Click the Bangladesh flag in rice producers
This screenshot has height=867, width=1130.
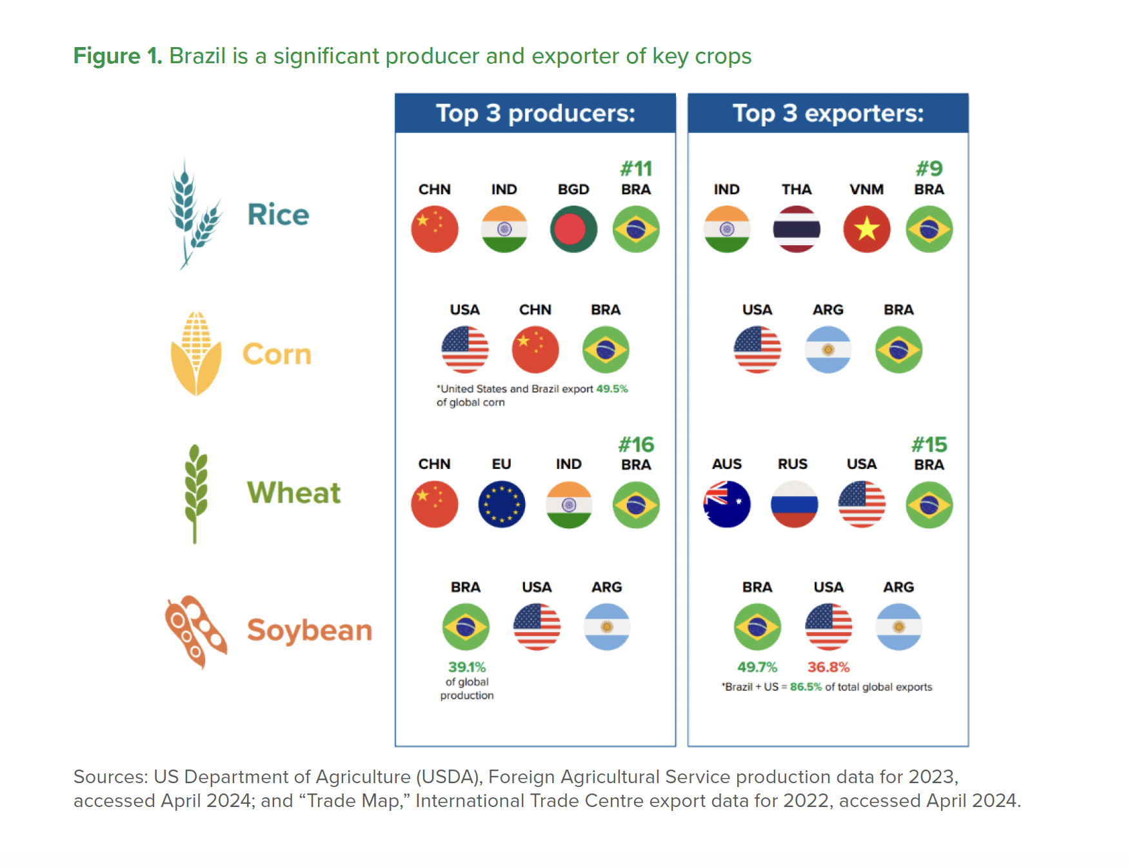[573, 229]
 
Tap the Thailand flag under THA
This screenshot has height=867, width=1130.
[797, 229]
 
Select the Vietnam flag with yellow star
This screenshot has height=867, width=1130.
[867, 229]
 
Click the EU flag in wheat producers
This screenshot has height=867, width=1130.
[502, 504]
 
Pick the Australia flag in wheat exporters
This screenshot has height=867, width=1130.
[727, 504]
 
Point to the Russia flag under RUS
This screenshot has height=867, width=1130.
[794, 504]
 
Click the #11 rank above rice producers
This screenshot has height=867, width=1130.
[636, 169]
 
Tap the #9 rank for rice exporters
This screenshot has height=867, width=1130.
[929, 169]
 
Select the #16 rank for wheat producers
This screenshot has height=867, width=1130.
[636, 444]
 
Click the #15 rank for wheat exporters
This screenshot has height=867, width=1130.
[929, 444]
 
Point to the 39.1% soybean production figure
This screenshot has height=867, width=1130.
[467, 667]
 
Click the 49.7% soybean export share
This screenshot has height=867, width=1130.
[757, 667]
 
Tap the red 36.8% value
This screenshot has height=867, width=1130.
[828, 667]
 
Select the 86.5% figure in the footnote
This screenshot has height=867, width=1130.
[806, 687]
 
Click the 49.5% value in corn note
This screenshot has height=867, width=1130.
[611, 389]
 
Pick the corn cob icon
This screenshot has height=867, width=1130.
[196, 354]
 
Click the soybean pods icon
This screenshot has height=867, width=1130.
[195, 630]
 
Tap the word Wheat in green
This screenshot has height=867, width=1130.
[293, 493]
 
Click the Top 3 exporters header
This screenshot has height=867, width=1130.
[828, 114]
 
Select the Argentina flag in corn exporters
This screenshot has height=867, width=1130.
[828, 350]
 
